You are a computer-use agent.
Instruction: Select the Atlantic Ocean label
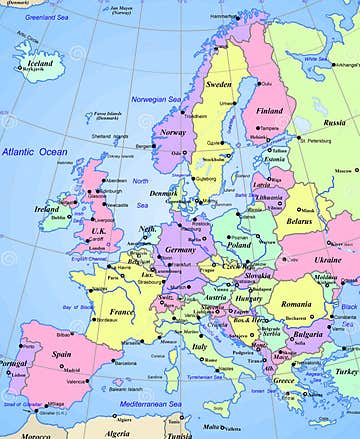34,150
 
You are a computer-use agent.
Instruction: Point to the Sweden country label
219,85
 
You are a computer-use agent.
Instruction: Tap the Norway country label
174,132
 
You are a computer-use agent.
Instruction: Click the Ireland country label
46,209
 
